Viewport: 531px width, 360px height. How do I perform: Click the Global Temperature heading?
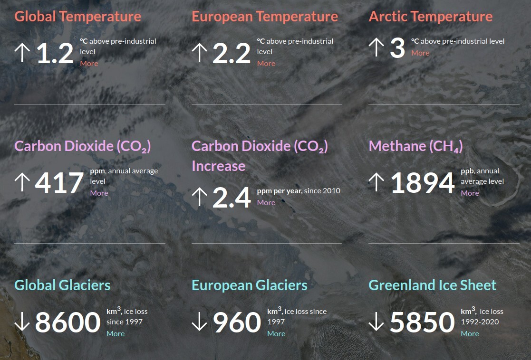(x=77, y=17)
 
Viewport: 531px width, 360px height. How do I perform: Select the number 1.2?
(x=55, y=53)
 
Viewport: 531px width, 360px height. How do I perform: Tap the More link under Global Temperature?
(x=89, y=63)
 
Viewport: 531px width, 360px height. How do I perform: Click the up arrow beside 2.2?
(x=200, y=52)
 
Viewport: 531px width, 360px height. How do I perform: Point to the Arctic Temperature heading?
(x=430, y=17)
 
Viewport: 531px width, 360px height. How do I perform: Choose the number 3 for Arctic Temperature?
(x=397, y=47)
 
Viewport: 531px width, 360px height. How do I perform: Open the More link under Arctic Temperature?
(x=420, y=53)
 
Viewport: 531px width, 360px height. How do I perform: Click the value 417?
(x=59, y=183)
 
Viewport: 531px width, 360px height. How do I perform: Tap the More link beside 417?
(x=99, y=193)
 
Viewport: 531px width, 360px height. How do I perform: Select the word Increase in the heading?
(x=218, y=166)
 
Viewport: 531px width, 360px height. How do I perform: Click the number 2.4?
(x=232, y=198)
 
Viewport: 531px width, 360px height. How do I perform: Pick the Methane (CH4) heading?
(x=415, y=146)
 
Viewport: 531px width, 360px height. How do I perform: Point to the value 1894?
(x=422, y=183)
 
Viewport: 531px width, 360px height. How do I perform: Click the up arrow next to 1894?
(x=376, y=182)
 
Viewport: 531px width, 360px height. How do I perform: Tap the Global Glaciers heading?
(x=62, y=285)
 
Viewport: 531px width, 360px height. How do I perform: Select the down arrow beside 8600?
(x=22, y=321)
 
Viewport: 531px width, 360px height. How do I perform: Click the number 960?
(x=237, y=322)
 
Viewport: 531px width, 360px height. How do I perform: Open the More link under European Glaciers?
(x=276, y=333)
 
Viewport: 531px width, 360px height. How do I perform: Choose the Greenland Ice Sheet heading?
(x=432, y=285)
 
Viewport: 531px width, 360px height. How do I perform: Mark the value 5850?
(x=422, y=322)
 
